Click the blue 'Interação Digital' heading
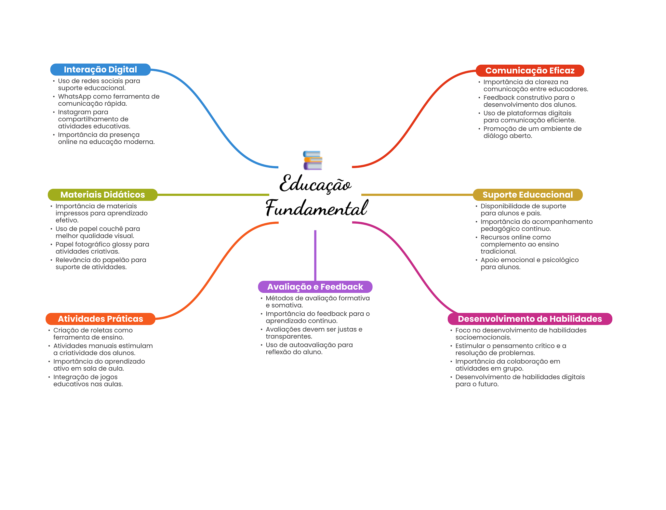(x=100, y=70)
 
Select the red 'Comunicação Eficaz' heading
(x=529, y=71)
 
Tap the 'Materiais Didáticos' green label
(x=102, y=195)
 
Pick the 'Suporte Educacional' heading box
(x=527, y=195)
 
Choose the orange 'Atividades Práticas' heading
(x=100, y=319)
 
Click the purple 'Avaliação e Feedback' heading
(x=315, y=287)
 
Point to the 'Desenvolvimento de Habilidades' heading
(x=529, y=319)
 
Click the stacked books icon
(x=313, y=160)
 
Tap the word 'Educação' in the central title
(x=315, y=184)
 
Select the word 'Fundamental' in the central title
(x=316, y=208)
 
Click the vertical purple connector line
(x=315, y=255)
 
